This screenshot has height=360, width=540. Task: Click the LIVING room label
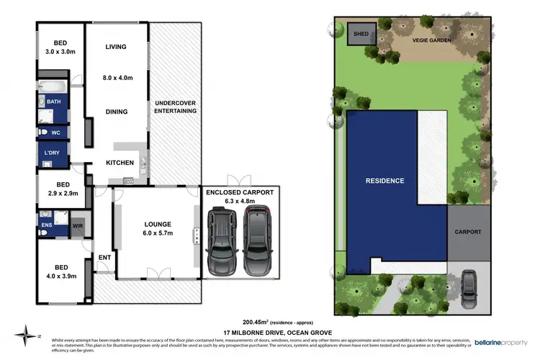tap(116, 47)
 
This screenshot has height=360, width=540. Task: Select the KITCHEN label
tap(120, 163)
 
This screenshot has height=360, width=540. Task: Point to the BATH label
tap(54, 102)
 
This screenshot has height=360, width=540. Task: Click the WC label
tap(55, 133)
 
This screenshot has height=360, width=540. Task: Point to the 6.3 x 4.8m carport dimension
tap(240, 202)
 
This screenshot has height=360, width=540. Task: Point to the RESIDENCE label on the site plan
tap(384, 180)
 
